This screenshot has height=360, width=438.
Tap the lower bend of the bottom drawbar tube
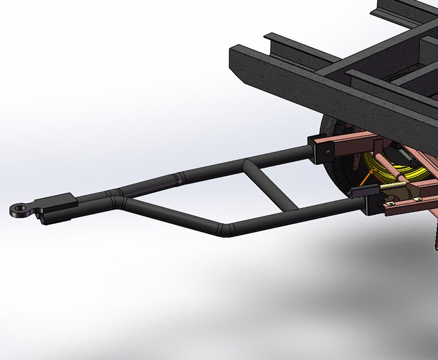coord(227,230)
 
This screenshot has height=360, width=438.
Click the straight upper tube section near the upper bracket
coord(282,157)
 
